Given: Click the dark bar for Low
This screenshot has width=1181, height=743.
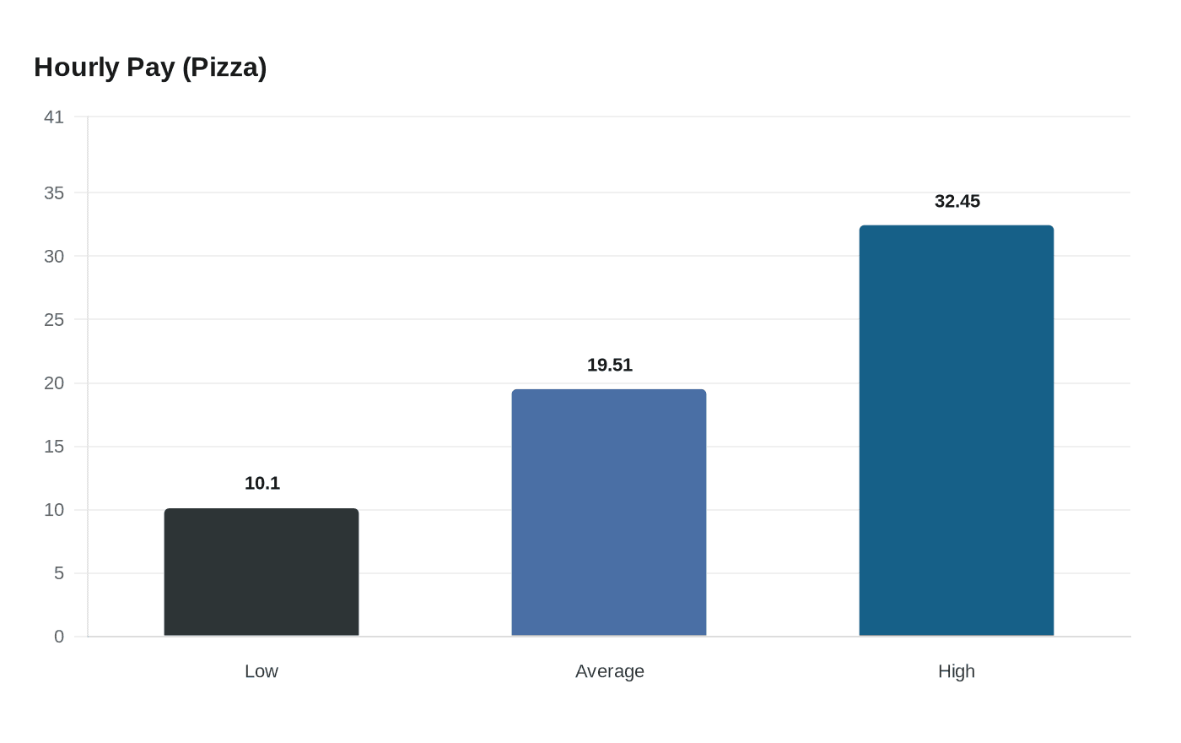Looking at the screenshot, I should click(x=262, y=572).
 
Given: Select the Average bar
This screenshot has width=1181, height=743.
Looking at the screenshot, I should click(x=609, y=513).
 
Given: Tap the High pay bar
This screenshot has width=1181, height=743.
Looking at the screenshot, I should click(x=957, y=431).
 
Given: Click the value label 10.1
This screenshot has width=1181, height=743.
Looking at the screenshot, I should click(x=262, y=483).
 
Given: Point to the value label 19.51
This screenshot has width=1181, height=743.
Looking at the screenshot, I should click(x=610, y=365).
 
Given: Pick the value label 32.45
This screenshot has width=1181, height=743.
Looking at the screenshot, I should click(x=957, y=201).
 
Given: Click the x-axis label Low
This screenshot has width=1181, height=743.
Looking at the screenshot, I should click(x=262, y=671).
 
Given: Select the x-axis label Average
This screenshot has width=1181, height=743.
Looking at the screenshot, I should click(x=610, y=671).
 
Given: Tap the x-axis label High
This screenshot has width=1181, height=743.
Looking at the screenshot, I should click(x=957, y=671).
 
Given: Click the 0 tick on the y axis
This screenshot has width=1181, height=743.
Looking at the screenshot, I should click(x=59, y=637).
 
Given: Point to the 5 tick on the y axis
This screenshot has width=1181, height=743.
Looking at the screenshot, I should click(x=59, y=573).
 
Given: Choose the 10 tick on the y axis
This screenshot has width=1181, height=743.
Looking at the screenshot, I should click(x=54, y=510).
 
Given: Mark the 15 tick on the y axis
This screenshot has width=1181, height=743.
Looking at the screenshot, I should click(x=54, y=447).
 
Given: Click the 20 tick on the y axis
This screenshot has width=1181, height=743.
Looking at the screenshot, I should click(x=54, y=383).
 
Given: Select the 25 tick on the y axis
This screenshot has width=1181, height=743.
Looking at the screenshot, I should click(x=54, y=319).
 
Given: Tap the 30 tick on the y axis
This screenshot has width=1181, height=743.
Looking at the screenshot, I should click(x=54, y=256).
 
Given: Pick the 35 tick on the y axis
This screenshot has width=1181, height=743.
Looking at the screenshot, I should click(x=54, y=193).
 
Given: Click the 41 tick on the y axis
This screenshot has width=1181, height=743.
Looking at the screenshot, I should click(x=54, y=117).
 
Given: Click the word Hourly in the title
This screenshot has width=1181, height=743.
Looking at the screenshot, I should click(x=77, y=68).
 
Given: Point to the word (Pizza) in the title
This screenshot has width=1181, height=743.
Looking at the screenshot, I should click(x=224, y=68).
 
